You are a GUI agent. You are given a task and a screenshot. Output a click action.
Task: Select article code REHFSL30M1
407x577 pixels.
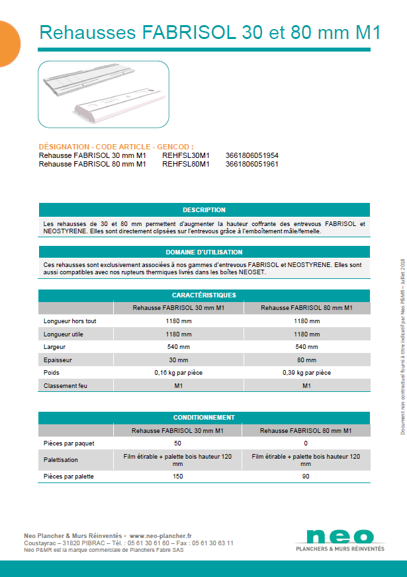click(x=185, y=155)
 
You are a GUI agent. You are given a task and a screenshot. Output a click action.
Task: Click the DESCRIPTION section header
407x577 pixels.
click(x=204, y=210)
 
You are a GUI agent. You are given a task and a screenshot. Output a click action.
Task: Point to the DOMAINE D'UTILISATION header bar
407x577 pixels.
click(x=204, y=252)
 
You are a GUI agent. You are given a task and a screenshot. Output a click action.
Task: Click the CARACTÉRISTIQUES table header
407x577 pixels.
click(x=204, y=295)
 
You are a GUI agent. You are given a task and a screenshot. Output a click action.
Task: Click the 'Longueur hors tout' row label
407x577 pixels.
click(x=71, y=321)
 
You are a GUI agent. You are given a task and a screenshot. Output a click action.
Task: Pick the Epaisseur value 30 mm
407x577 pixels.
click(x=178, y=360)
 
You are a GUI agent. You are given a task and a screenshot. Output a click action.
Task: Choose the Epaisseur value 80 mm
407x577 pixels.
click(x=306, y=360)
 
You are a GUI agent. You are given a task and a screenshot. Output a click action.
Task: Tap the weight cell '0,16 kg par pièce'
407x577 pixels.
click(x=178, y=373)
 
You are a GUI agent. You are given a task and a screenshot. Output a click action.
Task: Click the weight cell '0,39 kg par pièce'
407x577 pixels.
click(x=306, y=373)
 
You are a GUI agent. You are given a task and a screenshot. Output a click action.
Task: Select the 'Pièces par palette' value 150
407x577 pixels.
click(x=178, y=476)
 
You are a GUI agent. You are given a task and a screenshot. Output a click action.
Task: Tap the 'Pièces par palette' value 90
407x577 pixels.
click(x=306, y=476)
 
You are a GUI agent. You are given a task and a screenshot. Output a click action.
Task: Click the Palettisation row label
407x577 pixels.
click(x=62, y=459)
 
